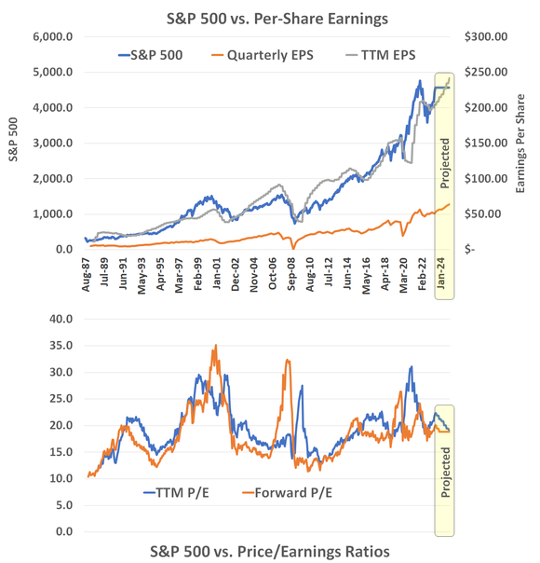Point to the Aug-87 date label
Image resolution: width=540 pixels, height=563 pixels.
[86, 277]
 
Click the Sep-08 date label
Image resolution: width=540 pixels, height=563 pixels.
[288, 277]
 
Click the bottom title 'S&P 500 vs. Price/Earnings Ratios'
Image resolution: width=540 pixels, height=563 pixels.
[270, 551]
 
